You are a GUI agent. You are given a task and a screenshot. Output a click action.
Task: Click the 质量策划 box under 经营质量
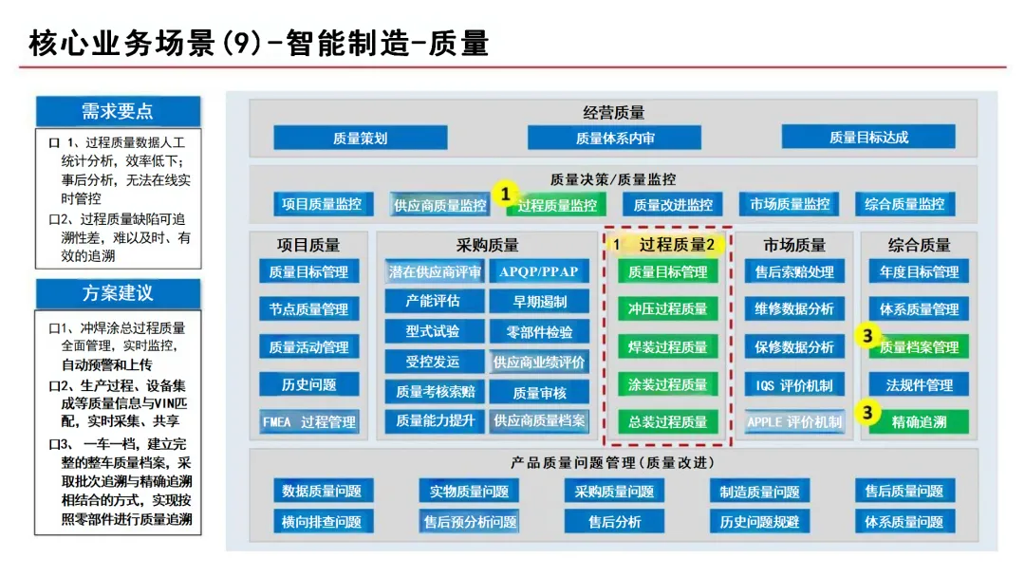pos(360,138)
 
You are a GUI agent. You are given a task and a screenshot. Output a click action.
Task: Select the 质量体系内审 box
pos(615,138)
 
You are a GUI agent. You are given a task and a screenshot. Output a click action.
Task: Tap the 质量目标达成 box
pos(868,138)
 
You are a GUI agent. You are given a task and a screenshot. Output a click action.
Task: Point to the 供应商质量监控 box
pos(439,204)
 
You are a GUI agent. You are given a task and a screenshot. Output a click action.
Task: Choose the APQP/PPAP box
pos(538,271)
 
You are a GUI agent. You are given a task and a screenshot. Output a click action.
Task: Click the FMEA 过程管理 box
pos(308,421)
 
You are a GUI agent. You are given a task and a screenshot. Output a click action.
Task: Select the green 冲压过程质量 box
pos(668,308)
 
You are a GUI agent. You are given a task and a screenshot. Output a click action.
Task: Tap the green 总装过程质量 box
pos(668,421)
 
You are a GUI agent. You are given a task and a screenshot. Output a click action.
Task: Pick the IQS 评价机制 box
pos(794,384)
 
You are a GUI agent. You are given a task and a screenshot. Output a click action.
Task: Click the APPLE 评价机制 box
pos(794,421)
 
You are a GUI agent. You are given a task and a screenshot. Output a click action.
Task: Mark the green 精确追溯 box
pos(919,421)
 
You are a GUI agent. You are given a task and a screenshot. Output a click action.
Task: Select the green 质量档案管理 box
pos(919,347)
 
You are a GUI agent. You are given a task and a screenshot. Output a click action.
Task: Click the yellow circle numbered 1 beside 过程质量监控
pos(507,194)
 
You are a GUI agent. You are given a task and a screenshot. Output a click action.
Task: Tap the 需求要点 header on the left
pos(118,111)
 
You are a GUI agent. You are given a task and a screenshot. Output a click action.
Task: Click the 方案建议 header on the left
pos(118,293)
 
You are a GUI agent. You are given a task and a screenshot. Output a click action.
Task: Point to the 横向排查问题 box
pos(322,522)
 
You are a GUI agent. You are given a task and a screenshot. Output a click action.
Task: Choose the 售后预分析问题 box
pos(471,522)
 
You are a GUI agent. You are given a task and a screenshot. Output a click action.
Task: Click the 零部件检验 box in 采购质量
pos(538,332)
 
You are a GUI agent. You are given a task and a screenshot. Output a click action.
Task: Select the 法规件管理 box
pos(919,384)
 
